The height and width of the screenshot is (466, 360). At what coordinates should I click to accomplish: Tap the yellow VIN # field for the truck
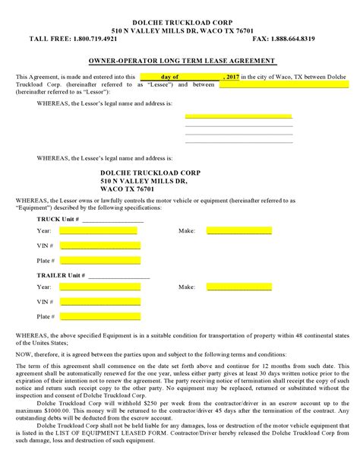tap(100, 246)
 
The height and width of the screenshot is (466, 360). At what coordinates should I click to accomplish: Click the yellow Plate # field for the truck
tap(100, 260)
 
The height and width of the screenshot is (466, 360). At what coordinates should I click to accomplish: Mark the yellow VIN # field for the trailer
tap(100, 302)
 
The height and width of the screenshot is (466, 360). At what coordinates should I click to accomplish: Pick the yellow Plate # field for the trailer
tap(100, 316)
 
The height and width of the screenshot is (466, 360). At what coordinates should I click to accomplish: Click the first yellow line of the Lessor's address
tap(238, 116)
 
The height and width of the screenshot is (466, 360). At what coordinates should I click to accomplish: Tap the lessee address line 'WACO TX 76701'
tap(129, 189)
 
